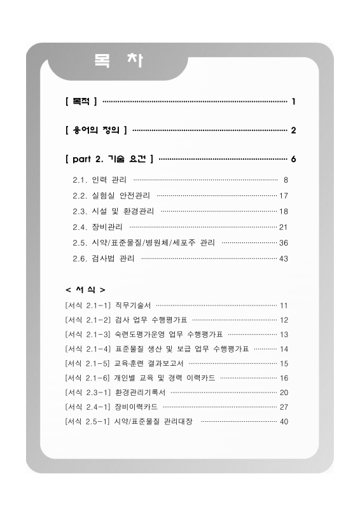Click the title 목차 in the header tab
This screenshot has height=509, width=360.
tap(118, 62)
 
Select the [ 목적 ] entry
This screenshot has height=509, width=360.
tap(81, 101)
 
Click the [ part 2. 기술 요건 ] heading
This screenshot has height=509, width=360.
tap(109, 158)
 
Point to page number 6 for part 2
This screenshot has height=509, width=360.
tap(293, 158)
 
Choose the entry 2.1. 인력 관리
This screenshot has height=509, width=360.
tap(100, 179)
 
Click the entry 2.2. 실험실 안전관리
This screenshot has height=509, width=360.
tap(112, 195)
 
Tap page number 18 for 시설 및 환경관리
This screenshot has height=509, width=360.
tap(284, 211)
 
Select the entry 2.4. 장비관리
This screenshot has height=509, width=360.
tap(99, 227)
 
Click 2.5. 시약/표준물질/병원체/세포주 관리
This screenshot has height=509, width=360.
tap(144, 242)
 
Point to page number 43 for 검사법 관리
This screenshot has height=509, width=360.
tap(284, 258)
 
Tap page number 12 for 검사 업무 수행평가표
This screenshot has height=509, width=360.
tap(284, 320)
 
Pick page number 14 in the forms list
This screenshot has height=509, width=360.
tap(284, 349)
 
